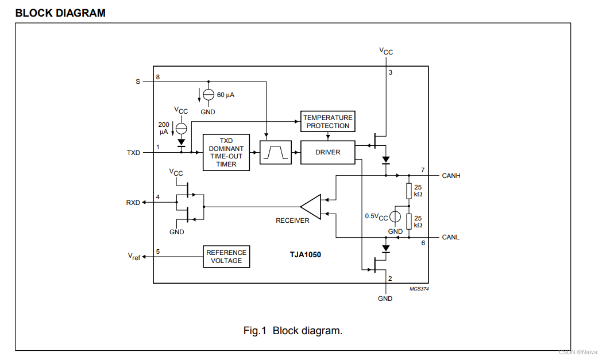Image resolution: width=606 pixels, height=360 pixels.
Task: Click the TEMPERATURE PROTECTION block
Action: (327, 122)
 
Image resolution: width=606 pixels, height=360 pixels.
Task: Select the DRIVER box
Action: (327, 152)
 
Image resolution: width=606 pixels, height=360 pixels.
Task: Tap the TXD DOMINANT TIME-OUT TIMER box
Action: (226, 152)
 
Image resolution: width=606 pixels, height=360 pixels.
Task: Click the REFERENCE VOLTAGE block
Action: (226, 257)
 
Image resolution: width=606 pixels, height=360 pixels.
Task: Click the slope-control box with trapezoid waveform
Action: (276, 152)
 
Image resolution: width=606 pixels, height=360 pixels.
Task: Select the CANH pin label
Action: (451, 176)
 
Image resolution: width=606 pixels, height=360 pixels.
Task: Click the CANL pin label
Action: (451, 237)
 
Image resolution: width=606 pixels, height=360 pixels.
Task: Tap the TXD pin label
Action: (133, 153)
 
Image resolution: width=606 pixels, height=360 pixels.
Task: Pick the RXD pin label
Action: (133, 203)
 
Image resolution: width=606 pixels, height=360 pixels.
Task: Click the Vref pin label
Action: (134, 257)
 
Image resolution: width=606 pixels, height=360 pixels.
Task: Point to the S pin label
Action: (138, 82)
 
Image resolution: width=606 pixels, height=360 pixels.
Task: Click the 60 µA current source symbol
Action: (209, 94)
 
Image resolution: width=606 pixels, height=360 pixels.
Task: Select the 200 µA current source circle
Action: (181, 127)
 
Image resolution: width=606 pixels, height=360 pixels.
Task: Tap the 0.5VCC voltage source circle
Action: (395, 216)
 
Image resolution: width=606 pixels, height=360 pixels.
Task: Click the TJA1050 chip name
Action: (306, 254)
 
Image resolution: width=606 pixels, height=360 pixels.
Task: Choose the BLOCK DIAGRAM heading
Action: (60, 13)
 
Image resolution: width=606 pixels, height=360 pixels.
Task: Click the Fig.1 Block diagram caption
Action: (293, 331)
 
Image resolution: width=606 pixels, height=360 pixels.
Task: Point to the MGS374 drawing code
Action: (419, 289)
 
